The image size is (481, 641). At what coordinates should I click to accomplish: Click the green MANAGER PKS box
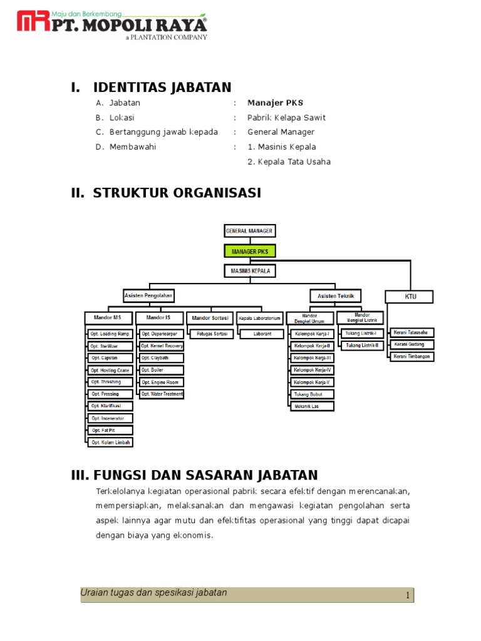click(x=249, y=251)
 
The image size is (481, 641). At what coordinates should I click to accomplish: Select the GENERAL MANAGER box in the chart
click(x=249, y=230)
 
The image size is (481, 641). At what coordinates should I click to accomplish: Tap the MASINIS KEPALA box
click(x=249, y=271)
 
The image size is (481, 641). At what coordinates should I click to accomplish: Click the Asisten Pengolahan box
click(x=148, y=295)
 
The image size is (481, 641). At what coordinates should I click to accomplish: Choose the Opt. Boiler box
click(x=161, y=370)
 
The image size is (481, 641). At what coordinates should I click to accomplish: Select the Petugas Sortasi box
click(x=211, y=334)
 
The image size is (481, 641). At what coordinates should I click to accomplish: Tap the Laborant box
click(x=262, y=334)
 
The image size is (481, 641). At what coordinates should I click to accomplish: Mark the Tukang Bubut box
click(x=312, y=394)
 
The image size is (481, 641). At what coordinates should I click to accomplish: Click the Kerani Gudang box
click(x=411, y=344)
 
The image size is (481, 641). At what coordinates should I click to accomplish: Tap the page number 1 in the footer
click(x=407, y=595)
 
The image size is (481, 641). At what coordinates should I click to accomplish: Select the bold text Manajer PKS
click(x=275, y=103)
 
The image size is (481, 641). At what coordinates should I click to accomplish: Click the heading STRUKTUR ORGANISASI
click(x=177, y=193)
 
